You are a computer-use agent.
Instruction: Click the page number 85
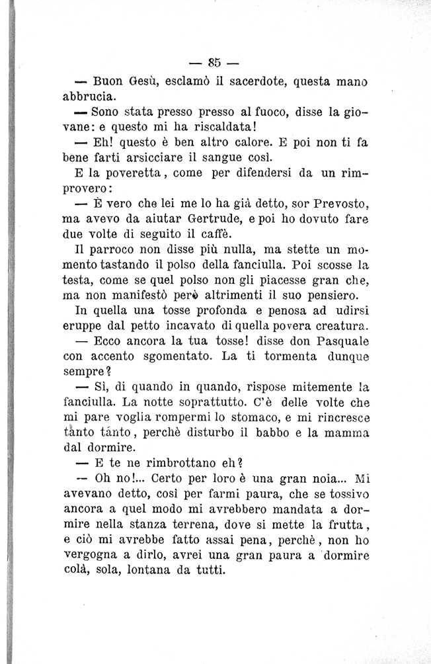click(214, 63)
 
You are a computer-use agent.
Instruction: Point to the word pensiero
click(327, 295)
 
